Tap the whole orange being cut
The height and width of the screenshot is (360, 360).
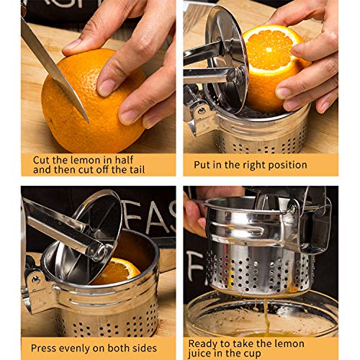point(94,101)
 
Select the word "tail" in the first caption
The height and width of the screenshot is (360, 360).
point(138,170)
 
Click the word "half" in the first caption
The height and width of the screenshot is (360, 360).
point(124,160)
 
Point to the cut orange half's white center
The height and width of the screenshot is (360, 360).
point(269,50)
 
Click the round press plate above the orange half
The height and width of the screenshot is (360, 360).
point(227,59)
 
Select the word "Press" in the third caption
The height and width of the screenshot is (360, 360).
point(43,348)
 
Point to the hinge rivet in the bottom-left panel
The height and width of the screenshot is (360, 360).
point(36,279)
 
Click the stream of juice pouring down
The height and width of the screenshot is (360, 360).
point(266,317)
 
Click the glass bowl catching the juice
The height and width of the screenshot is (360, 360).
point(261,315)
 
